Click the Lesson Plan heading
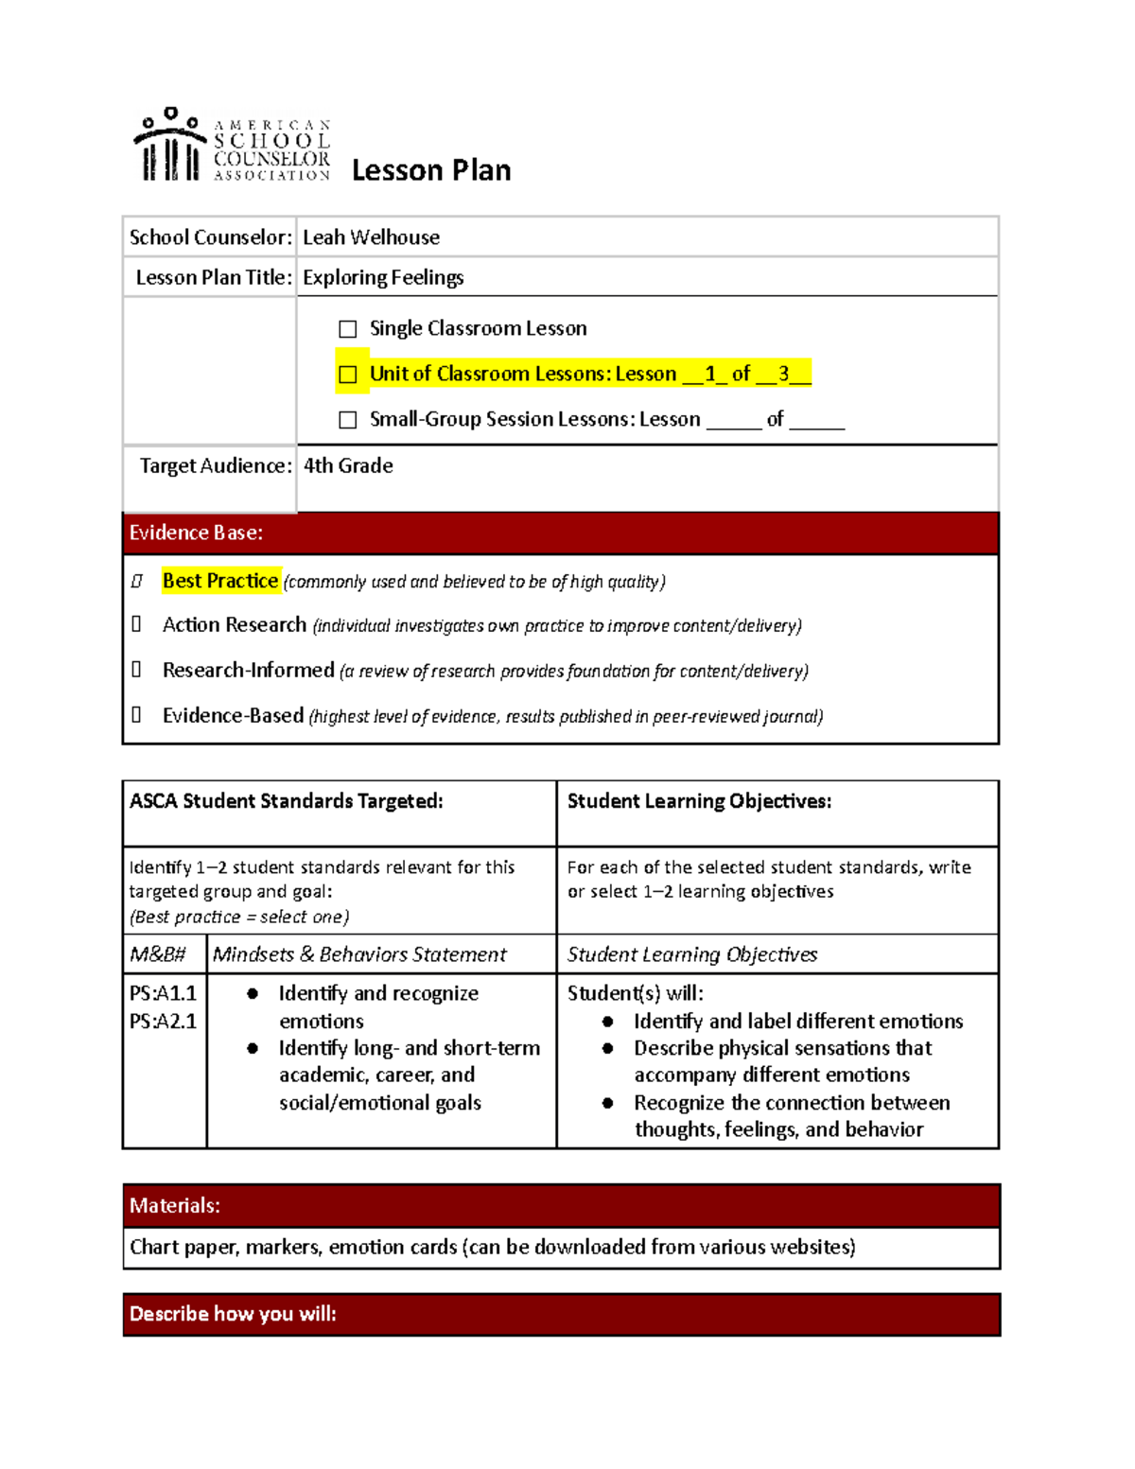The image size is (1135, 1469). (x=431, y=170)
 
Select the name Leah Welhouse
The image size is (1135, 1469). (x=371, y=237)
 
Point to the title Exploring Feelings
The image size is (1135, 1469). (x=383, y=277)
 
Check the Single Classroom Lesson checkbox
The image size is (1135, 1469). (x=348, y=329)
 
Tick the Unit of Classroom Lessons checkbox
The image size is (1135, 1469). (x=348, y=375)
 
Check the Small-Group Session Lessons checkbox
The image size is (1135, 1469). (x=348, y=420)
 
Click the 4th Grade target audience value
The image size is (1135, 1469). (x=348, y=465)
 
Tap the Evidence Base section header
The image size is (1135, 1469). (x=197, y=533)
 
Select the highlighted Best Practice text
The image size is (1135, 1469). (x=220, y=581)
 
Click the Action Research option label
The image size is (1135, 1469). (x=235, y=625)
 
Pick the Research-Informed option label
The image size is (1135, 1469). (x=249, y=671)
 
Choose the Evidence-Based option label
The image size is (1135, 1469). (x=234, y=716)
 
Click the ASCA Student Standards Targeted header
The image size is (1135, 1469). (x=287, y=801)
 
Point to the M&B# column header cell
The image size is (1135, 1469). (x=158, y=954)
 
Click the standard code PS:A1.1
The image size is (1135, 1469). (x=163, y=993)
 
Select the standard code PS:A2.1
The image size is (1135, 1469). (x=163, y=1022)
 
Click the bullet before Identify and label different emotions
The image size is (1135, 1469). (x=608, y=1022)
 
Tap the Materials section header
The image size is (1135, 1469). (x=175, y=1205)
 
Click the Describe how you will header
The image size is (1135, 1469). (x=233, y=1314)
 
